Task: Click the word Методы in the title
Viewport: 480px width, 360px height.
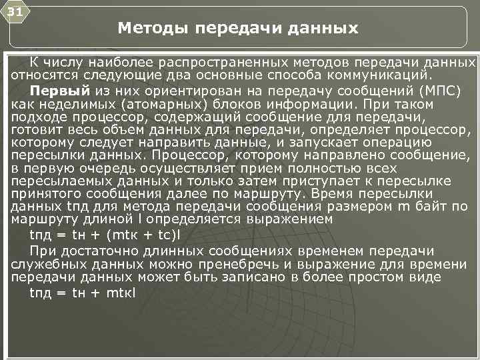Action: pos(151,29)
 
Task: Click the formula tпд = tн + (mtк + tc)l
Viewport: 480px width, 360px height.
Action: pos(101,235)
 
